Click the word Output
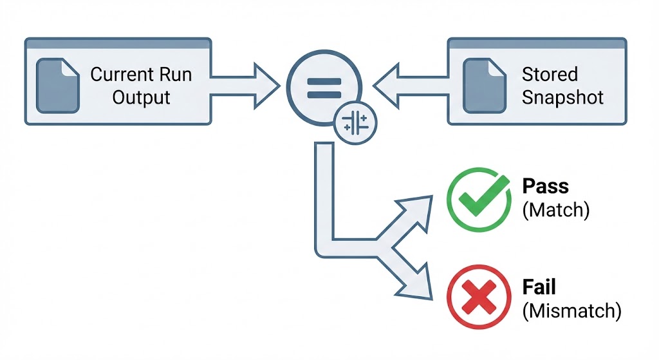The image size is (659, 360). (141, 98)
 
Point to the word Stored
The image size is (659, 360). (550, 74)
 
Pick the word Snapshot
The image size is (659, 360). (562, 98)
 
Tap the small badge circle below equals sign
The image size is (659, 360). (356, 122)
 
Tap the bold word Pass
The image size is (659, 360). (545, 187)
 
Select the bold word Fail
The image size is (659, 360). (539, 287)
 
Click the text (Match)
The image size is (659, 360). (555, 211)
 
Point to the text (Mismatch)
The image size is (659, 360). (571, 311)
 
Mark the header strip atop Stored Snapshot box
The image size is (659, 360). (536, 43)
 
